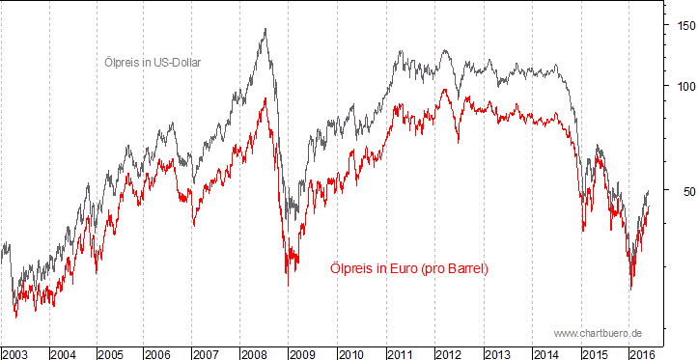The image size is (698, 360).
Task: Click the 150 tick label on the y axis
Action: (x=684, y=26)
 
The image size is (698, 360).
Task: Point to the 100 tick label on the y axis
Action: (x=684, y=86)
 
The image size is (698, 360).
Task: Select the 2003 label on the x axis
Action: (x=15, y=354)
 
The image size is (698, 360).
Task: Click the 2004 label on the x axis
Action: (x=63, y=354)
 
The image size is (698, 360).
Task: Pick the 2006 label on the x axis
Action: (x=158, y=354)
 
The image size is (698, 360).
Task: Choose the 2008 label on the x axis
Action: (x=254, y=354)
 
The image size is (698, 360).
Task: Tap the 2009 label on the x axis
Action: (x=302, y=354)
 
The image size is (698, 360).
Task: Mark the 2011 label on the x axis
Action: (x=400, y=354)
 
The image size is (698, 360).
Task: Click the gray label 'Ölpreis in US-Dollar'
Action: (x=158, y=62)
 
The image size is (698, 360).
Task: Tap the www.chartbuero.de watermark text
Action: (x=599, y=332)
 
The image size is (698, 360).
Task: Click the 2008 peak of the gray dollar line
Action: (x=265, y=29)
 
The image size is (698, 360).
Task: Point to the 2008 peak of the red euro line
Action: (x=265, y=97)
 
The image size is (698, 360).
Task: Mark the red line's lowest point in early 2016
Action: (x=630, y=289)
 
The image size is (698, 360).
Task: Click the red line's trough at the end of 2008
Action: (x=287, y=285)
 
